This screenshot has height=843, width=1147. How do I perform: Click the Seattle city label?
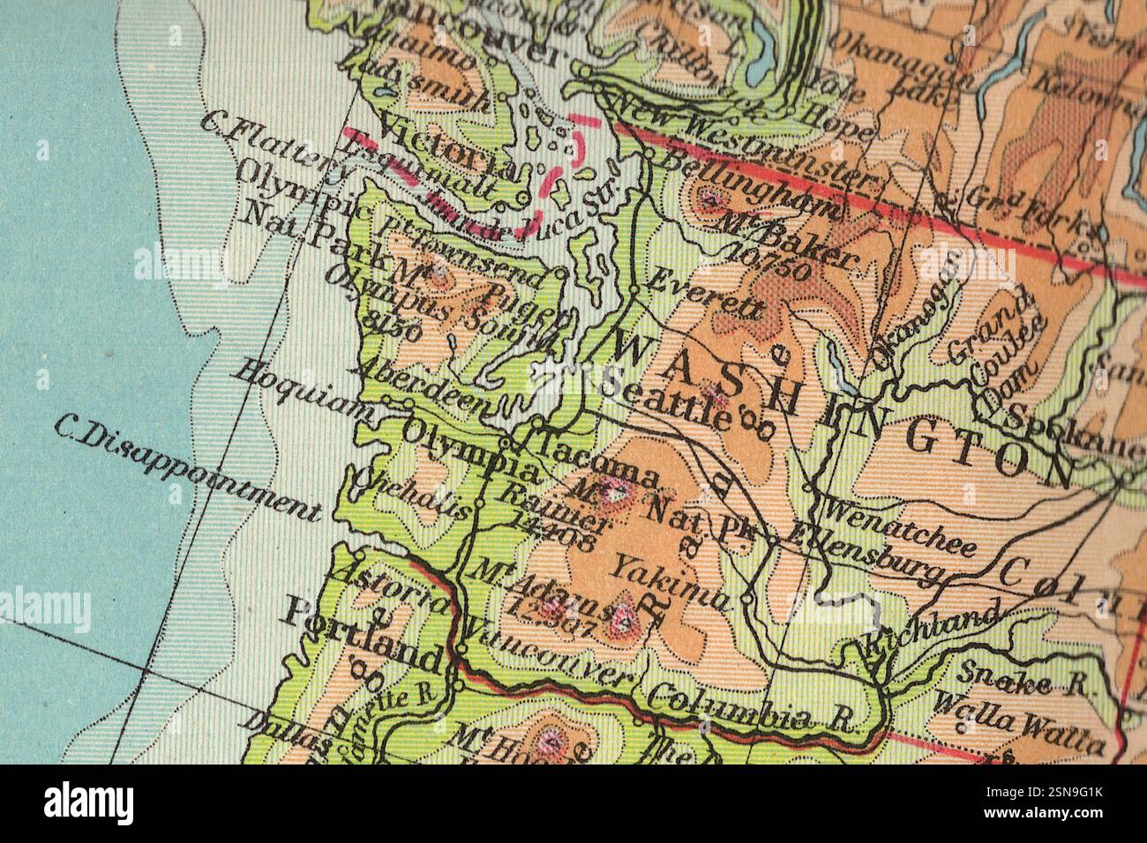coord(667,399)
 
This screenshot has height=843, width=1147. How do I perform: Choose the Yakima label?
coord(672,582)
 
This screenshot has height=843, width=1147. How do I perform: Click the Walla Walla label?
coord(1019,725)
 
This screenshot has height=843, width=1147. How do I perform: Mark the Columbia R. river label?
coord(752,707)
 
